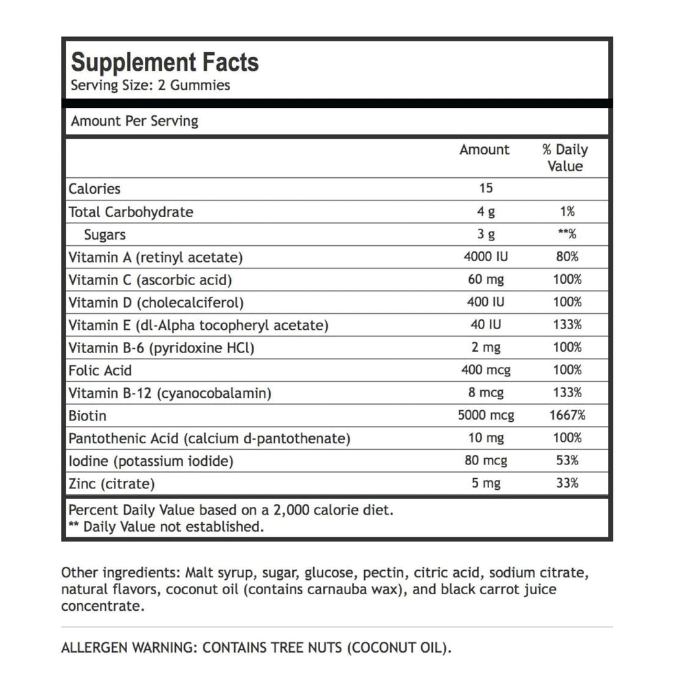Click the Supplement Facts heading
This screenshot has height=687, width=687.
pos(165,63)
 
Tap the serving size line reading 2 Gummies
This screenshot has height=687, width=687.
pos(150,86)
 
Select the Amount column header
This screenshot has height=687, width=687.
pos(484,150)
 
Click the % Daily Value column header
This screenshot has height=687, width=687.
pos(565,158)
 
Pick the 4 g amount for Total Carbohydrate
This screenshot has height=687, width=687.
pos(486,212)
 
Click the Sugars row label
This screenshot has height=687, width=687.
pos(104,234)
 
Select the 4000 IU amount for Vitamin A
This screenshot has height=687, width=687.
pos(486,257)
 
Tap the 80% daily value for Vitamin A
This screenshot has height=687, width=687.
pos(567,257)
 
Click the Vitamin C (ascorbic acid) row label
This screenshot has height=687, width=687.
pos(150,280)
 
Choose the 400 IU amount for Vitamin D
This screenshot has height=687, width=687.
pos(486,302)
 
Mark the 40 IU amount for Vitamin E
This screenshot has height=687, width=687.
pos(486,325)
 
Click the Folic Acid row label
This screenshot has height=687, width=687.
pos(100,370)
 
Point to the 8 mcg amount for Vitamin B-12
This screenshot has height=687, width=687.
pos(486,393)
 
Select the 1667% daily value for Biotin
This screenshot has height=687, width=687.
pos(567,416)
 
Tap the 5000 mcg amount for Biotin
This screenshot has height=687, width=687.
pos(486,416)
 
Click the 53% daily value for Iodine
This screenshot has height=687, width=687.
pos(567,461)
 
